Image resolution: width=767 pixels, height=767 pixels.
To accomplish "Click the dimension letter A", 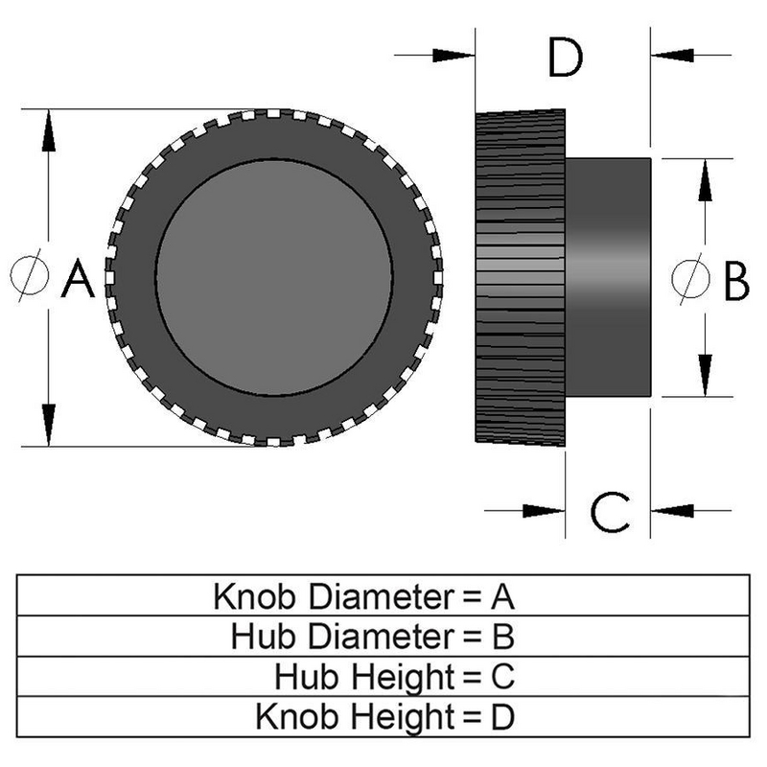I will [x=79, y=280].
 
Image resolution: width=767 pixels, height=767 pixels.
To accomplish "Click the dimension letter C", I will [x=609, y=512].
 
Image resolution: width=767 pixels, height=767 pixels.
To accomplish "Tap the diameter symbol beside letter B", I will [x=686, y=279].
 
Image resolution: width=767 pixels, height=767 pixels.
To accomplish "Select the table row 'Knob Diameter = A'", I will [x=383, y=596].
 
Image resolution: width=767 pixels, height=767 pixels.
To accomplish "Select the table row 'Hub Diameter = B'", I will [x=383, y=636].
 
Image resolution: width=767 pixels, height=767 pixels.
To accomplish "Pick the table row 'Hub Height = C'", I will [x=383, y=676].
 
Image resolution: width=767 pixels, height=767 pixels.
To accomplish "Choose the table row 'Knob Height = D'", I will [x=383, y=716].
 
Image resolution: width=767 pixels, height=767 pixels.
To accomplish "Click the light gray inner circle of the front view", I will [x=274, y=278].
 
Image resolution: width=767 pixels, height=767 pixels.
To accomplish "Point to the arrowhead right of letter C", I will [x=671, y=509].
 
